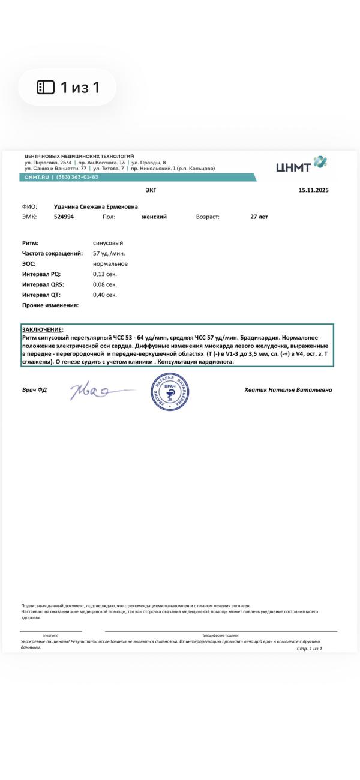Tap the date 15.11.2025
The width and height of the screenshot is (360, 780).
tap(313, 190)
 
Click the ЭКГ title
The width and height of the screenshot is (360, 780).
tap(151, 190)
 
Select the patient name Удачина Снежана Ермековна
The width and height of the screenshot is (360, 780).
tap(95, 206)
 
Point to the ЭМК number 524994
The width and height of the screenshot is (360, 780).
tap(64, 217)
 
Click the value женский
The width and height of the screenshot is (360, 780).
tap(154, 217)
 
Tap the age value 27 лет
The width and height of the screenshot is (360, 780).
tap(259, 217)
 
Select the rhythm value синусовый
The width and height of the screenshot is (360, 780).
tap(108, 243)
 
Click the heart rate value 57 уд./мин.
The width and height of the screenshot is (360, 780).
tap(109, 253)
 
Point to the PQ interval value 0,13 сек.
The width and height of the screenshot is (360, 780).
tap(105, 274)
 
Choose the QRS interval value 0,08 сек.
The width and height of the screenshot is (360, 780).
tap(105, 284)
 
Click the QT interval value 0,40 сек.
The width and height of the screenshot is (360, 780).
tap(105, 295)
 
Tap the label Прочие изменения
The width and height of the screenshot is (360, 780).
tap(50, 305)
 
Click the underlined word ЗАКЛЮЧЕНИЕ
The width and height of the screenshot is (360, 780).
tap(42, 330)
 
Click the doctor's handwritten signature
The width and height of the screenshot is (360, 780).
tap(96, 392)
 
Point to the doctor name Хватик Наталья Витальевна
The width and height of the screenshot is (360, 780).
tap(288, 390)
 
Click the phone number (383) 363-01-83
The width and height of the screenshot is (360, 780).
tap(77, 177)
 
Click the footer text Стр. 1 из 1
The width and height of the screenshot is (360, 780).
tap(310, 649)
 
